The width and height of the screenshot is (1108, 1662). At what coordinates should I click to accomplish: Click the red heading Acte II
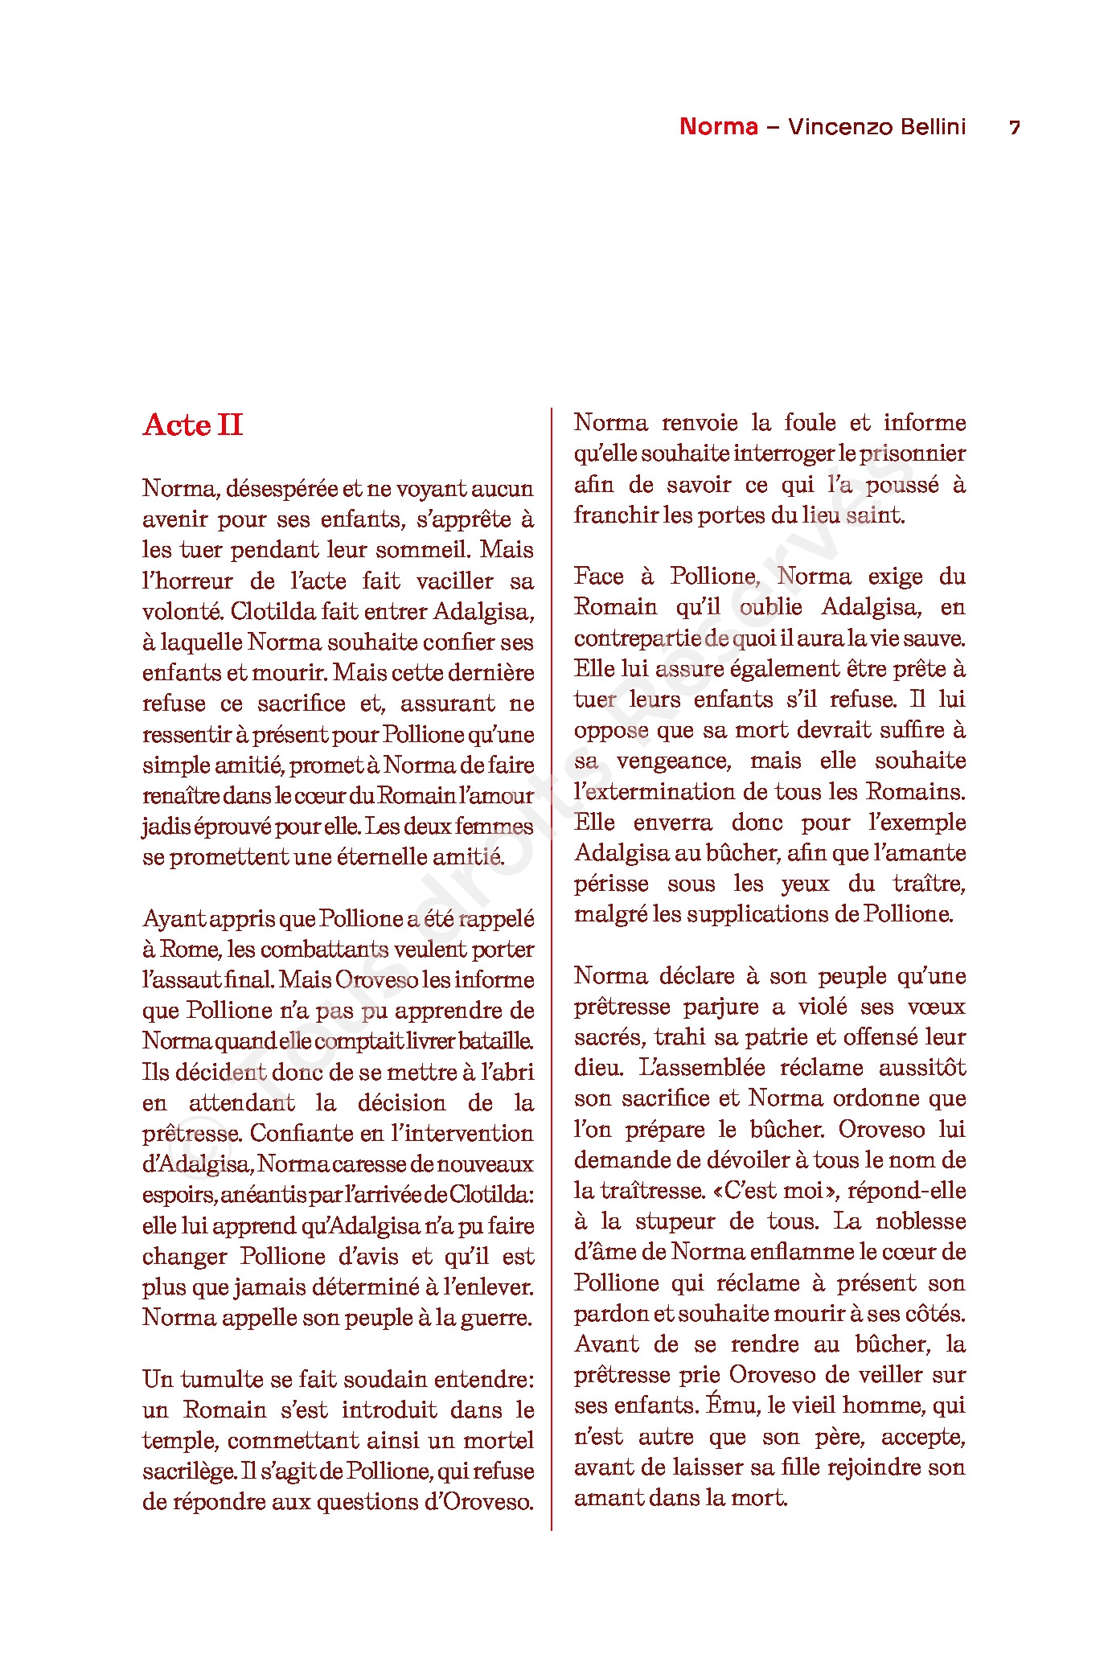(x=193, y=425)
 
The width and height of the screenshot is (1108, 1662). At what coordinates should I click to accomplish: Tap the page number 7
(x=1015, y=128)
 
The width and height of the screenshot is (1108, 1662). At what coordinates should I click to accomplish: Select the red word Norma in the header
(x=719, y=127)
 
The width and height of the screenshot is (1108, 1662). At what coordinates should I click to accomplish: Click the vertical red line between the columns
(x=552, y=965)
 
